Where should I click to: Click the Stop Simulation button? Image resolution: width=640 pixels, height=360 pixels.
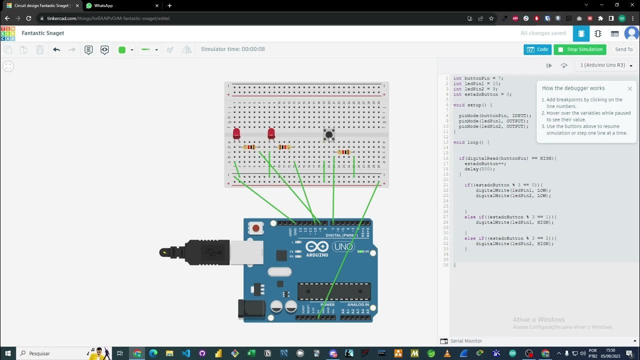[580, 49]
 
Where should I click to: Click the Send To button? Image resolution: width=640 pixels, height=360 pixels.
[623, 49]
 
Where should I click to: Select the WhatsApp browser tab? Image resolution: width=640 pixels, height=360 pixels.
[103, 5]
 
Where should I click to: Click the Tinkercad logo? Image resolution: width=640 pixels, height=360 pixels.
[8, 33]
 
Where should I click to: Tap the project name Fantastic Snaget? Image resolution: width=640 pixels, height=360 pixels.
[43, 33]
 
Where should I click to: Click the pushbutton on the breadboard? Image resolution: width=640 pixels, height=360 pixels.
[329, 134]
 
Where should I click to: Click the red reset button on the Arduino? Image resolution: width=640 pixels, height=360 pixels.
[256, 228]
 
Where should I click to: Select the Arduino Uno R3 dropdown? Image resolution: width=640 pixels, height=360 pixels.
[605, 65]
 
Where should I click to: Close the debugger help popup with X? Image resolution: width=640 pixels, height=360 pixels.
[629, 88]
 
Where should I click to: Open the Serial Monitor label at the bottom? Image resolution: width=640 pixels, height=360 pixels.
[466, 341]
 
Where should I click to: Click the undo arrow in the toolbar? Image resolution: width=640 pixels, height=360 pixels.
[56, 49]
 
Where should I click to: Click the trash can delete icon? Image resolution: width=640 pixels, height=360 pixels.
[40, 49]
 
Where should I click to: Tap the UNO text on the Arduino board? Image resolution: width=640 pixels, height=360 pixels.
[343, 246]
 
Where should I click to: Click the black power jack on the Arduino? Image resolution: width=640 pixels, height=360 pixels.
[251, 309]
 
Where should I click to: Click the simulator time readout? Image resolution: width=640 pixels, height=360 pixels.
[233, 49]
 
